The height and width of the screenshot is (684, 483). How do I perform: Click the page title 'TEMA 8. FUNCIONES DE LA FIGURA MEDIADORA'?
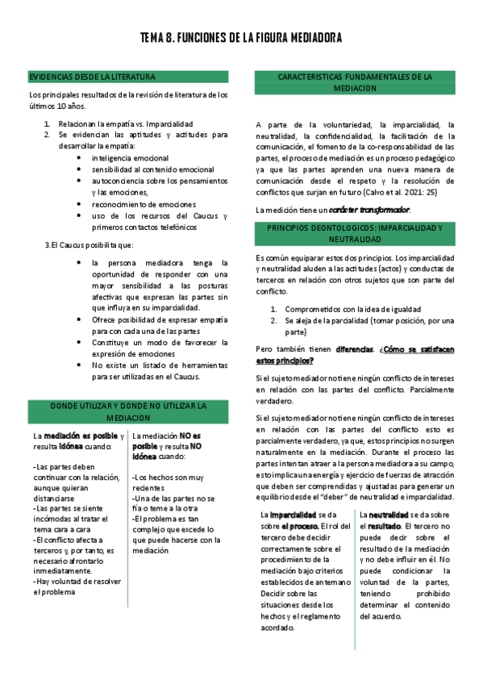(x=241, y=38)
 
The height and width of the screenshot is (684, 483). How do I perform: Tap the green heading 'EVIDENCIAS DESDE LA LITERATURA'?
(x=92, y=77)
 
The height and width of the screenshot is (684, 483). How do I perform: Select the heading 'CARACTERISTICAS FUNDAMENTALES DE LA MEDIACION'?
(x=355, y=82)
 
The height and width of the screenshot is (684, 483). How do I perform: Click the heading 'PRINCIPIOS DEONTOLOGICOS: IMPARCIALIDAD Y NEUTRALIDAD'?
(x=355, y=235)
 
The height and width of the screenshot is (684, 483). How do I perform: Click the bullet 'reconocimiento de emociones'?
(x=144, y=204)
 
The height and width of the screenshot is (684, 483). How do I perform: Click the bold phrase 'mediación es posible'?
(x=80, y=435)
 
